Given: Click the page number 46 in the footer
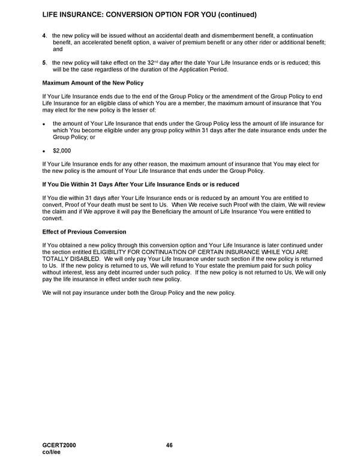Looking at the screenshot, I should [169, 445].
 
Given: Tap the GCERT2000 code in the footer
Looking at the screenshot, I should [59, 445].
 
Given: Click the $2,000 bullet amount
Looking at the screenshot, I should [62, 151].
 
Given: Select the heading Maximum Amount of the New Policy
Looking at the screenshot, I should [92, 82].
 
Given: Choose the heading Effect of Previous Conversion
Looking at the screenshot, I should [84, 232].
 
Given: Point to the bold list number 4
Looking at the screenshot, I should [44, 36].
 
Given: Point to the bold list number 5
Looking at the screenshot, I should [44, 62].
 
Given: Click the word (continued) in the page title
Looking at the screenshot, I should [234, 14].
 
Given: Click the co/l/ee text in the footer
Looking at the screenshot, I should [52, 452].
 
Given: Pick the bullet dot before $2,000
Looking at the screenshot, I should [44, 151].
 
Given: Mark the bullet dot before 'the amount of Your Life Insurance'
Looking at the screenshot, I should [44, 123].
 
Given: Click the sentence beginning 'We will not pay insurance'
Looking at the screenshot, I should [139, 292].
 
